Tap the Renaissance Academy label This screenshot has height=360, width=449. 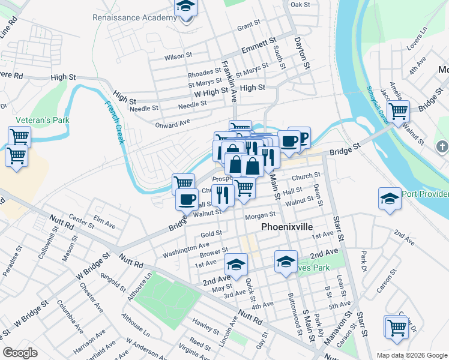click(135, 17)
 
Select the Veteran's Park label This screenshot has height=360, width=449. click(43, 120)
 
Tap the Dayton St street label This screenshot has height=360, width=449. click(301, 52)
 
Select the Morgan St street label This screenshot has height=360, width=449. click(260, 214)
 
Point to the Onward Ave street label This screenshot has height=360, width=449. click(172, 124)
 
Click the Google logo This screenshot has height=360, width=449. click(20, 353)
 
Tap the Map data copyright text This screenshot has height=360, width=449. click(412, 355)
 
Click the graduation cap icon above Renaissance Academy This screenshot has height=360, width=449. click(186, 8)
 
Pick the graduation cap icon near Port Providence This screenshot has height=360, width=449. click(390, 199)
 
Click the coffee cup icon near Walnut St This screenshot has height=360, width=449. click(187, 199)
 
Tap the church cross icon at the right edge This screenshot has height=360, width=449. click(442, 146)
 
